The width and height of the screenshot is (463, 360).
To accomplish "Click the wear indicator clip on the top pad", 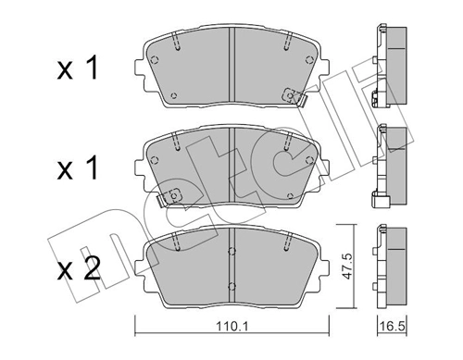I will (294, 96).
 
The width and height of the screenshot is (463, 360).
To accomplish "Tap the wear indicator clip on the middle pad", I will (169, 196).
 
